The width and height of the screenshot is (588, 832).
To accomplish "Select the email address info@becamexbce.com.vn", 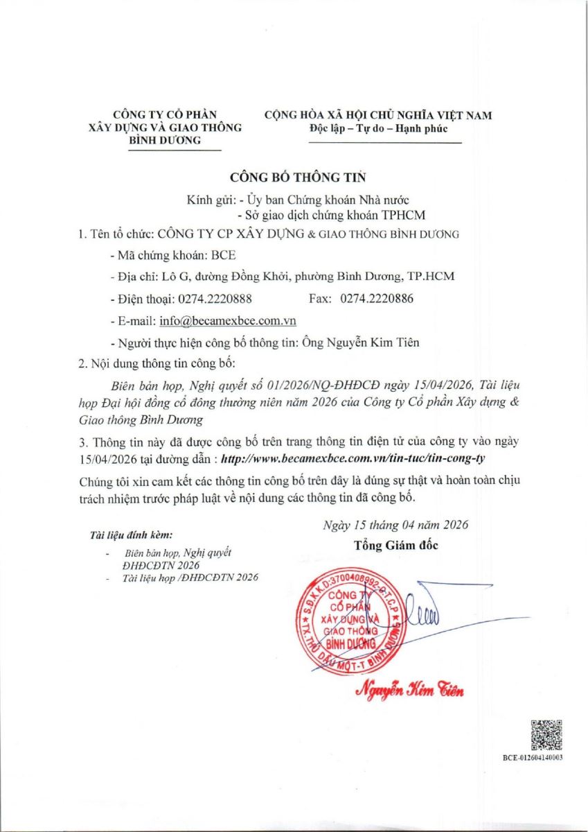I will (228, 320).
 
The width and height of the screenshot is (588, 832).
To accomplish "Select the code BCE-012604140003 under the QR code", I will (533, 758).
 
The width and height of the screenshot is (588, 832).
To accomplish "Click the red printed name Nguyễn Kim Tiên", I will (409, 691).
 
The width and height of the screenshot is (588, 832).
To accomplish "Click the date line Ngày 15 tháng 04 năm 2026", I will (395, 525).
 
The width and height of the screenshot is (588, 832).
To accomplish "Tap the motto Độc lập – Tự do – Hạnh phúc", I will (378, 128).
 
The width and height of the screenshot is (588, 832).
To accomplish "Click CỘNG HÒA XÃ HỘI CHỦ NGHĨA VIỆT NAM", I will (378, 115).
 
